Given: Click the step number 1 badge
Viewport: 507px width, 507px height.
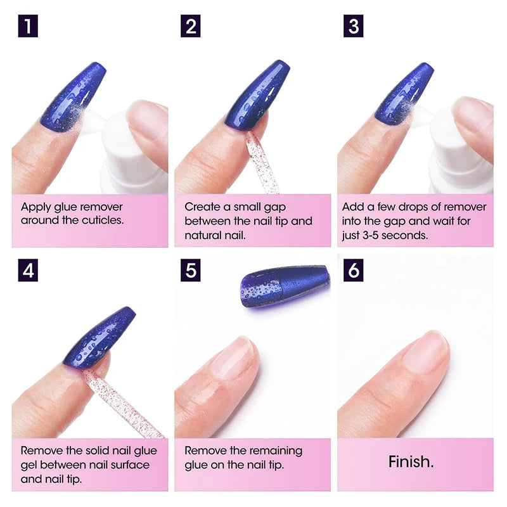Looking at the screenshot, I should coord(28,27).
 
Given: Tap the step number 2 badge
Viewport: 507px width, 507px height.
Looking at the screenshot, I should coord(190,27).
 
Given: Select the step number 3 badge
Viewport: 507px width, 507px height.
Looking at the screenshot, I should coord(354,27).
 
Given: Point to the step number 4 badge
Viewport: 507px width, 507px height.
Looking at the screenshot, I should coord(28,271).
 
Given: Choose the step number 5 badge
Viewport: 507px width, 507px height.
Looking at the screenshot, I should coord(190,271).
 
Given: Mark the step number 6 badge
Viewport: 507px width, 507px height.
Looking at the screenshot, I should coord(354,271).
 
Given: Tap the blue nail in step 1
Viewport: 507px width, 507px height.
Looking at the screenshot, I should coord(73,95).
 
